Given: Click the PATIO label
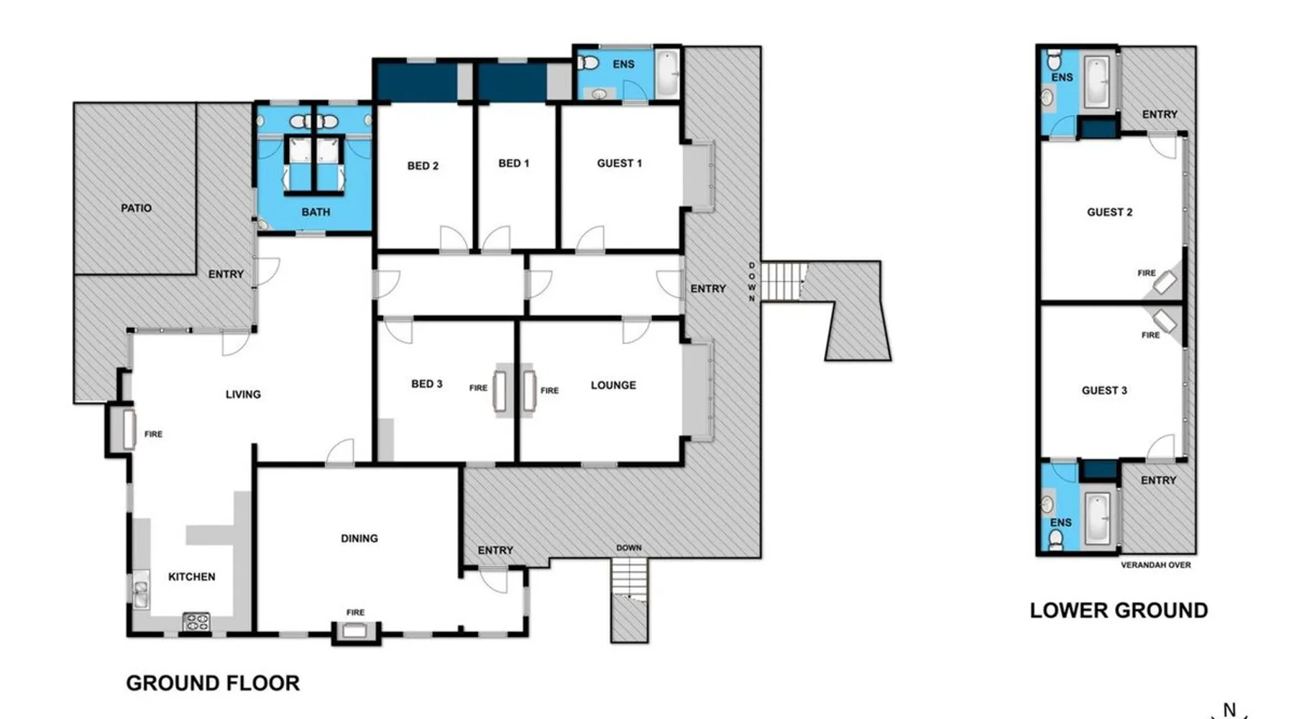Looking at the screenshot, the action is (x=136, y=208).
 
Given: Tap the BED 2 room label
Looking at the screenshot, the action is (x=423, y=165).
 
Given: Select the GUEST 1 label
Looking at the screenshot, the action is (x=619, y=163).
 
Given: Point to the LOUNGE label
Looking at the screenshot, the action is (x=613, y=385).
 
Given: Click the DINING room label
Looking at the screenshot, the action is (x=359, y=538).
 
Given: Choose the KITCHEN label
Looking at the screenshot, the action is (x=191, y=576).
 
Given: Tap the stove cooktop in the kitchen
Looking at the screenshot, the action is (x=196, y=622).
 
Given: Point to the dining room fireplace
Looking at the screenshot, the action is (x=354, y=631).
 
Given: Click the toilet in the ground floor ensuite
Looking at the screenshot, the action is (x=588, y=63).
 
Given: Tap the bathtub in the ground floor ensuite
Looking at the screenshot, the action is (x=667, y=73).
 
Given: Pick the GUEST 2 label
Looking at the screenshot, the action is (x=1109, y=212).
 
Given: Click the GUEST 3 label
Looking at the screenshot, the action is (x=1104, y=390).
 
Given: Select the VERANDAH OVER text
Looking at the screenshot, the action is (x=1155, y=565).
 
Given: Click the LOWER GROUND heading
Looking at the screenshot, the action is (x=1119, y=610).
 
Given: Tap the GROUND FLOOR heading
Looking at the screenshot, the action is (x=213, y=683).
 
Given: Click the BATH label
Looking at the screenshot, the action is (x=316, y=212).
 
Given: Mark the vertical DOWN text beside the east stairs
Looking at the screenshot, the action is (x=752, y=282).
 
